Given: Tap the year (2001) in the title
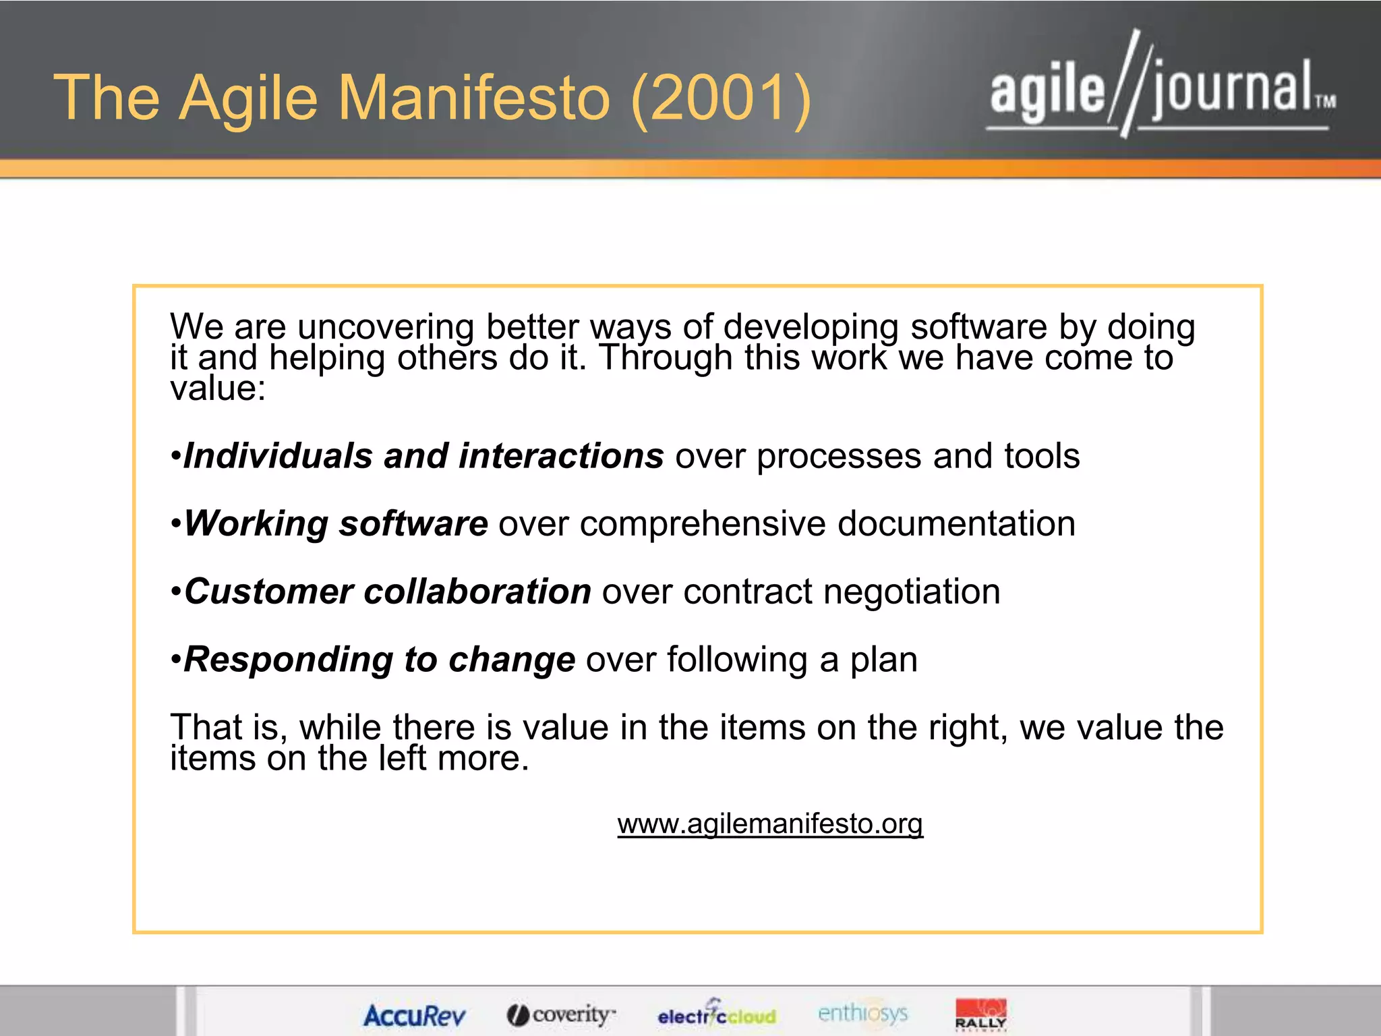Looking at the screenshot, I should pos(722,98).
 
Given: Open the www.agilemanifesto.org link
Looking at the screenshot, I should pos(770,824).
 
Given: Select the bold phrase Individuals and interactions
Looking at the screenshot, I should pos(423,456).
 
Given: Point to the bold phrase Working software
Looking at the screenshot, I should pos(336,524).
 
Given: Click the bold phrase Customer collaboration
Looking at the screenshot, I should pos(388,592).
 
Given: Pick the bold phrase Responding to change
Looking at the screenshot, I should pos(380,660).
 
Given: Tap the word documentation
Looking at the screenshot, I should pos(956,524).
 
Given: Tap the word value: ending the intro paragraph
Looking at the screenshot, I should pos(218,388).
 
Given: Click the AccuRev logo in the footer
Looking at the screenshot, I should pos(414,1015).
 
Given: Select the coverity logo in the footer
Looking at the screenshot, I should pos(562,1014).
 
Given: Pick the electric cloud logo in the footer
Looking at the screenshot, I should pos(717,1014).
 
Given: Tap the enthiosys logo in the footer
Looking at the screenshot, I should pos(862,1012).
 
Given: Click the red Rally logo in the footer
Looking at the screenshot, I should pos(980,1014).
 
